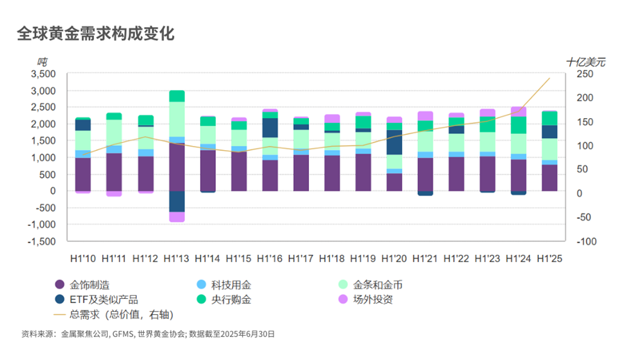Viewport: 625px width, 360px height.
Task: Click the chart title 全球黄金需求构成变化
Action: [96, 34]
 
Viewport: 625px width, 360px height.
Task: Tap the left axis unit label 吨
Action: [42, 62]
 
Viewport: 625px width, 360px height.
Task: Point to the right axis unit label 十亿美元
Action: [585, 62]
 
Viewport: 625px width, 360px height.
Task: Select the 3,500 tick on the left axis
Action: [43, 74]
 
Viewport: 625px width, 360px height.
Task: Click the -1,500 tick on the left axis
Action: [42, 241]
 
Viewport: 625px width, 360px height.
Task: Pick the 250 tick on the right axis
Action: [585, 74]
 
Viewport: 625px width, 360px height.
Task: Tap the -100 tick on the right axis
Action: [586, 241]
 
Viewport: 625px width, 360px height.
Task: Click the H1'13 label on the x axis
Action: [176, 259]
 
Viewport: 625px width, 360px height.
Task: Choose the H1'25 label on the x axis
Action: [549, 259]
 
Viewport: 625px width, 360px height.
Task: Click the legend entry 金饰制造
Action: [82, 284]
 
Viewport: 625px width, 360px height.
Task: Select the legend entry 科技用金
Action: [224, 284]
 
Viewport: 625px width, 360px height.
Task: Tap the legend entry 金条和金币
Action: [370, 284]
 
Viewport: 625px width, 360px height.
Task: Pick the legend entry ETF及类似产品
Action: [96, 300]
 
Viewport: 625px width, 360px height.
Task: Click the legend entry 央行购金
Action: [224, 300]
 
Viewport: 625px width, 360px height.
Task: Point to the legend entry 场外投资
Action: [365, 300]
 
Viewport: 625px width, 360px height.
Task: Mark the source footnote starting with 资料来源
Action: [148, 334]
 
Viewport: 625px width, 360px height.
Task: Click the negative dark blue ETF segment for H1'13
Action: [176, 202]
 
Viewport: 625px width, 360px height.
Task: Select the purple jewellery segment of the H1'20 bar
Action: [394, 182]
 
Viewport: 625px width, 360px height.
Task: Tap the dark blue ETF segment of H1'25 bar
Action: [549, 132]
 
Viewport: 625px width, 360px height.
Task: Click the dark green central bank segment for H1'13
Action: [176, 96]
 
